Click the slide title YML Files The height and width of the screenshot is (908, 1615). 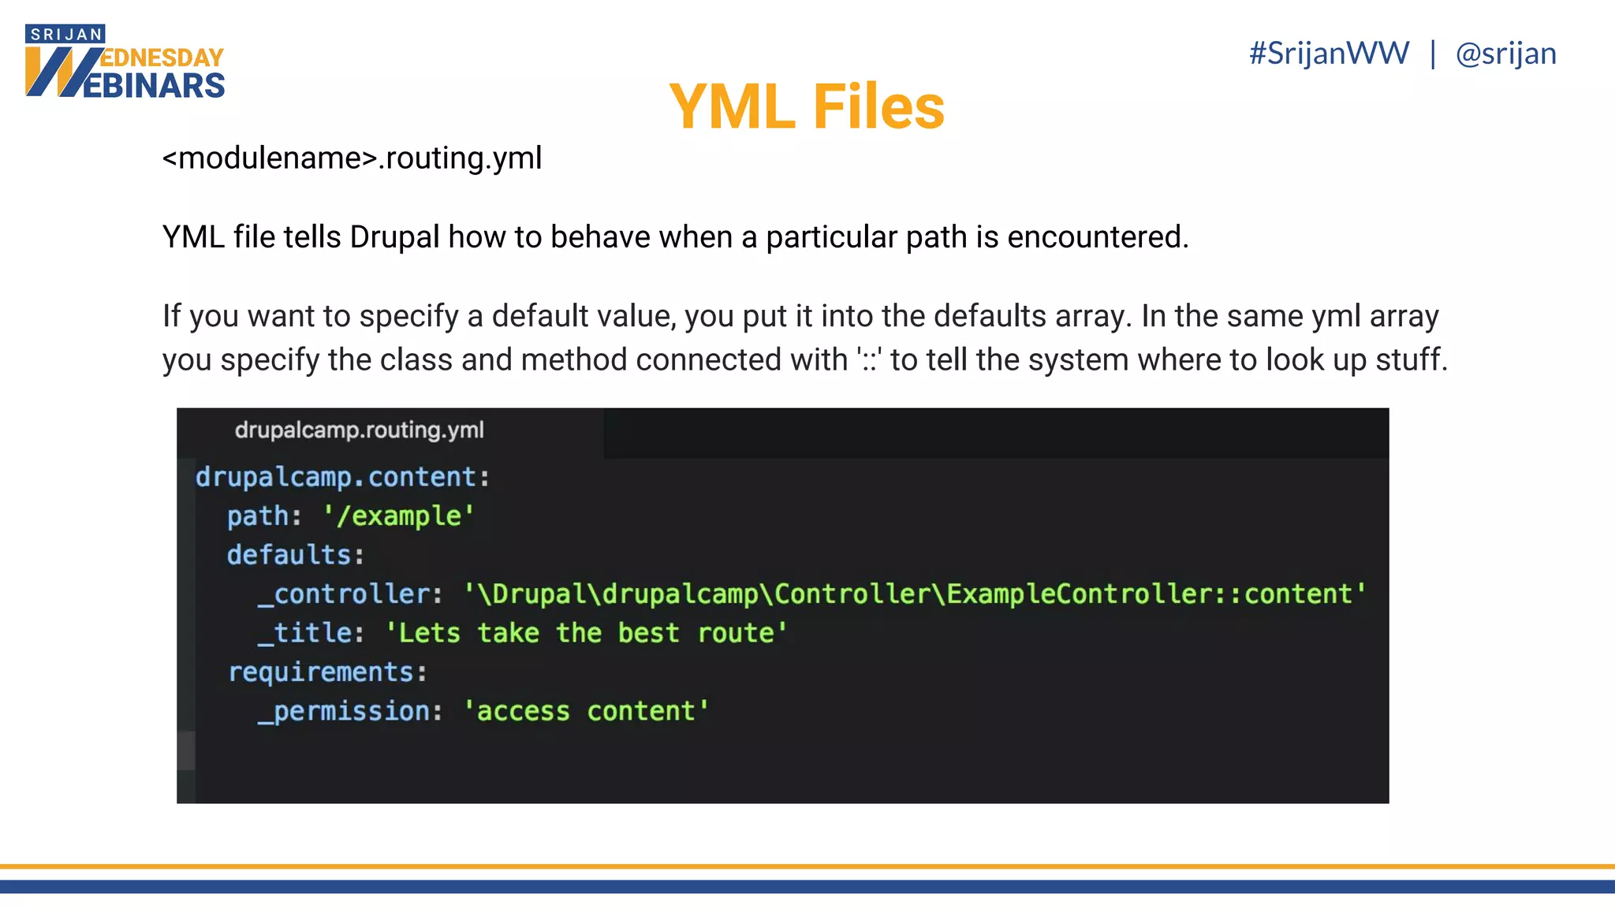[x=807, y=107]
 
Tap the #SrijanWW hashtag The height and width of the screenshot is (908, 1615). [x=1329, y=54]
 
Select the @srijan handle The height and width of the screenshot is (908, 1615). [x=1505, y=54]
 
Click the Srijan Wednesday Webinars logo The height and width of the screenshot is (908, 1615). [x=125, y=63]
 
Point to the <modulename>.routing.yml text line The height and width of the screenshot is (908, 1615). [x=352, y=158]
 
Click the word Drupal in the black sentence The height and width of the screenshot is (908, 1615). [x=394, y=237]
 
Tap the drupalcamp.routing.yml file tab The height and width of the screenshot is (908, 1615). [x=359, y=430]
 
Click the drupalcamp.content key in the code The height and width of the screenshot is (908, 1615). [x=336, y=478]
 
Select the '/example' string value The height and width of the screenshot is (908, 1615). [x=398, y=516]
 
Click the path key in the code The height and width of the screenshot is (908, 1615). [x=258, y=516]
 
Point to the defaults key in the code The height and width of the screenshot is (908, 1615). [x=289, y=556]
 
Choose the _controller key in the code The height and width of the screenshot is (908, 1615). [x=345, y=594]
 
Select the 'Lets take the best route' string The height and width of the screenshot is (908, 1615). [x=586, y=634]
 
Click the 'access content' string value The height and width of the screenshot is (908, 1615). [x=586, y=712]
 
